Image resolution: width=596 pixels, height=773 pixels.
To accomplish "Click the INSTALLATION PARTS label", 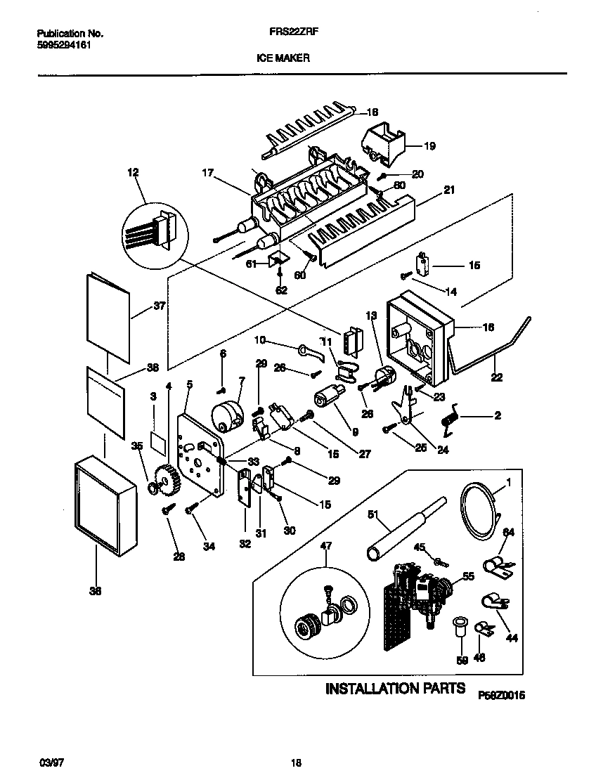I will (x=395, y=688).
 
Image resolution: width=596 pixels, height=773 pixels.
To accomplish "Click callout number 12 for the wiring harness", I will (x=132, y=172).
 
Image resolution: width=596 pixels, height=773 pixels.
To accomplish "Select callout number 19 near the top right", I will (x=429, y=146).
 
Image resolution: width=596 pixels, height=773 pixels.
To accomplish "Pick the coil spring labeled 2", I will (x=448, y=420).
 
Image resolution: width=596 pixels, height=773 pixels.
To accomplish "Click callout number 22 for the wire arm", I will (x=497, y=377).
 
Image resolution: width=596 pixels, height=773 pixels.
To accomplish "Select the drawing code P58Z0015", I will (x=502, y=694).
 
